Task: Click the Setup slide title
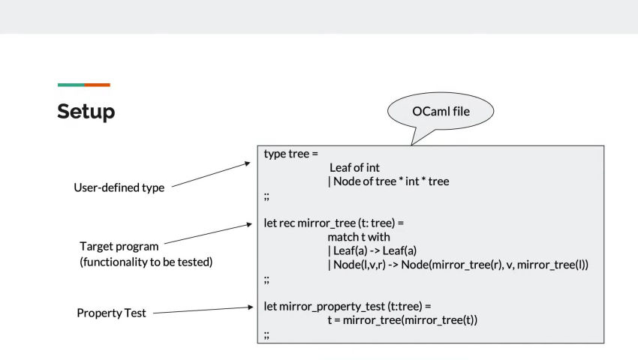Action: coord(86,112)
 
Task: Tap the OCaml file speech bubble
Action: coord(441,111)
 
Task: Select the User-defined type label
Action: coord(119,187)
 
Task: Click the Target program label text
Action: coord(119,247)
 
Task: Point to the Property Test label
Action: coord(111,313)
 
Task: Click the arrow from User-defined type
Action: coord(211,175)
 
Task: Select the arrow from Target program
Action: coord(209,233)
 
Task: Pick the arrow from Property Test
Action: coord(203,310)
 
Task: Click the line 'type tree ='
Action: coord(291,154)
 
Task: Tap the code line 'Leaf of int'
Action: coord(354,167)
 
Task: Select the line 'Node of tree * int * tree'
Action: coord(389,181)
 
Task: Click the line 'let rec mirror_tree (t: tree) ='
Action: coord(334,223)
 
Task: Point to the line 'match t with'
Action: coord(359,237)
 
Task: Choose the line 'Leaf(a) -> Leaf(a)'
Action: coord(372,250)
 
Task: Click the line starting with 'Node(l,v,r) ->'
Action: coord(458,265)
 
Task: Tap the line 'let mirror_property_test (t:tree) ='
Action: coord(348,306)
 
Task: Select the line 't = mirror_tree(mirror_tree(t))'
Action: coord(402,320)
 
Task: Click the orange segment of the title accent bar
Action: coord(98,85)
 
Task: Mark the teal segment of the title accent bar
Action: coord(71,85)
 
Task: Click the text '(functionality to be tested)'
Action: coord(146,262)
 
